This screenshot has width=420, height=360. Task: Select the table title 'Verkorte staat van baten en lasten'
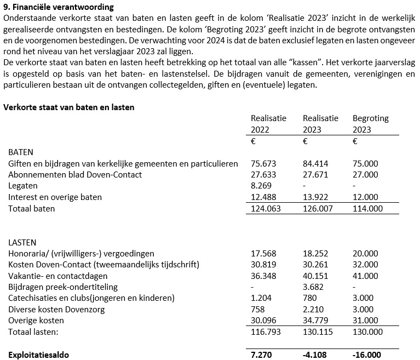[x=69, y=107]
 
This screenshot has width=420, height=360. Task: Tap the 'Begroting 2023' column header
[x=370, y=124]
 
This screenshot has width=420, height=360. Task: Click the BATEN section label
[x=21, y=152]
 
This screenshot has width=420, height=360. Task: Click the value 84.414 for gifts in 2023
[x=315, y=163]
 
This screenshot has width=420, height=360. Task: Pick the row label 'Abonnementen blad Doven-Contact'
[x=75, y=174]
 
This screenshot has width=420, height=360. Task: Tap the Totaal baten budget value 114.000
[x=365, y=208]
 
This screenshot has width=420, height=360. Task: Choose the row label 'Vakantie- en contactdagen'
[x=57, y=276]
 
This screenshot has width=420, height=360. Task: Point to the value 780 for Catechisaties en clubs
[x=309, y=298]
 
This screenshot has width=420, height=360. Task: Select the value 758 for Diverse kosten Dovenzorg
[x=258, y=310]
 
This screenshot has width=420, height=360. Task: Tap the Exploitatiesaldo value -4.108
[x=315, y=355]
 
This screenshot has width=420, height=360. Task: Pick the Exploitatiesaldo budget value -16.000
[x=365, y=355]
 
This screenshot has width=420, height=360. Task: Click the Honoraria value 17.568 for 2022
[x=263, y=253]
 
